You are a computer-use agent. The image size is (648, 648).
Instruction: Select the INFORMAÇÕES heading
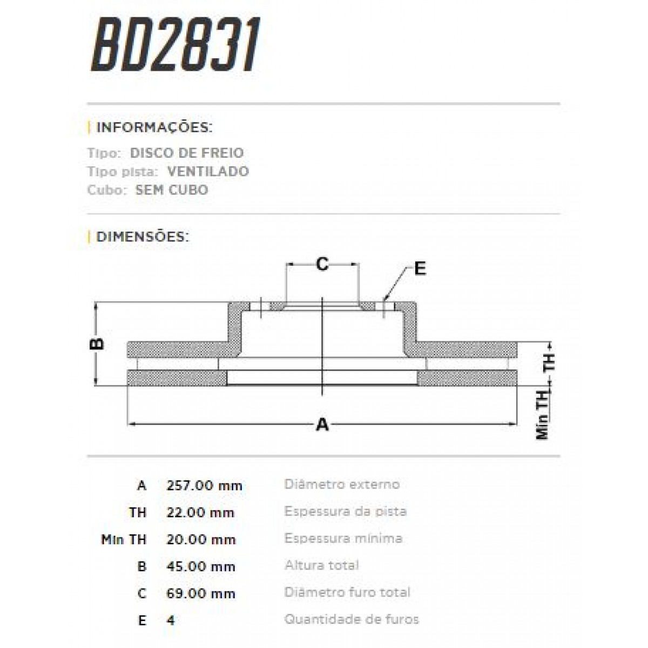coord(153,128)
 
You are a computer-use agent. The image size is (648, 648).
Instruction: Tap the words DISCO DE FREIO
coord(187,153)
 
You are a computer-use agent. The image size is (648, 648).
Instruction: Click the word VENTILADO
coord(208,172)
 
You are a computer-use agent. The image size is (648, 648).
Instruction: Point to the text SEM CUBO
coord(172,190)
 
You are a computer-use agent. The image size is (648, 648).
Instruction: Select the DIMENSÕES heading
coord(143,237)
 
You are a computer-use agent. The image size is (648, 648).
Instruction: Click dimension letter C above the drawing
coord(322,265)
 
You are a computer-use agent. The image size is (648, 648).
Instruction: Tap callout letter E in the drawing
coord(420,268)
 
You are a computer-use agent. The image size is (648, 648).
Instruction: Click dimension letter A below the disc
coord(322,424)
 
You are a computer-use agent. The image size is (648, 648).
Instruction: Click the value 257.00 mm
coord(204,485)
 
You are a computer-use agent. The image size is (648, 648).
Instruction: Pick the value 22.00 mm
coord(200,512)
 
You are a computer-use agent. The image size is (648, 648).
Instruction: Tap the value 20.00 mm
coord(201,539)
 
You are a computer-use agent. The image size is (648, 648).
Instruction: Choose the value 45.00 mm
coord(201,566)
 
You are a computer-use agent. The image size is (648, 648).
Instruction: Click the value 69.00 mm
coord(201,593)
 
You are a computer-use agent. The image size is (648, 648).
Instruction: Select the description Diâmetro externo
coord(342,484)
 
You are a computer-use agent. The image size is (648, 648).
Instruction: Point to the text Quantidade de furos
coord(352,619)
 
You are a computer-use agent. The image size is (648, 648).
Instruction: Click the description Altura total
coord(321,565)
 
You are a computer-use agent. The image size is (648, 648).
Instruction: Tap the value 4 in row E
coord(171,620)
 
